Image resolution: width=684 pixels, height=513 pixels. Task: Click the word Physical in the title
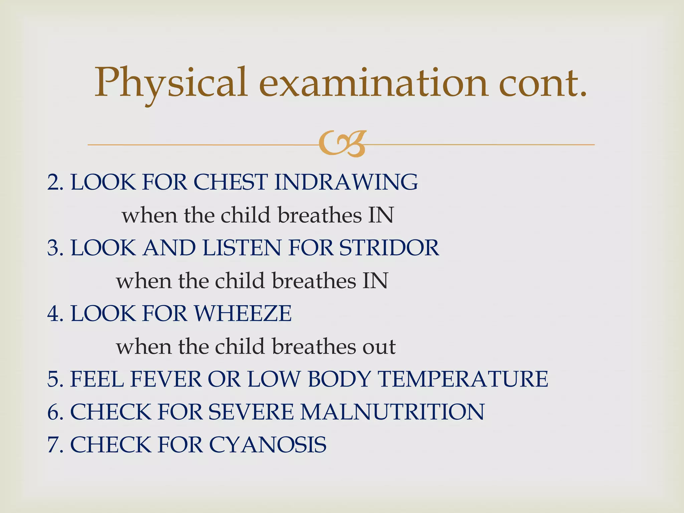coord(171,83)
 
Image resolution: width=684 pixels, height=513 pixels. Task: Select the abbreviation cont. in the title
coord(542,83)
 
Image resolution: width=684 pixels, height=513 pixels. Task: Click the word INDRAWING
coord(345,182)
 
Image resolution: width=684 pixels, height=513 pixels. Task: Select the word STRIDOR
coord(389,248)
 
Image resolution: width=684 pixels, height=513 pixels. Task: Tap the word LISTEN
coord(242,248)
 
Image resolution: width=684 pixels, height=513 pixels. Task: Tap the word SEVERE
coord(251,411)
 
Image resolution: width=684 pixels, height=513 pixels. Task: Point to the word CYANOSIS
coord(268,445)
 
